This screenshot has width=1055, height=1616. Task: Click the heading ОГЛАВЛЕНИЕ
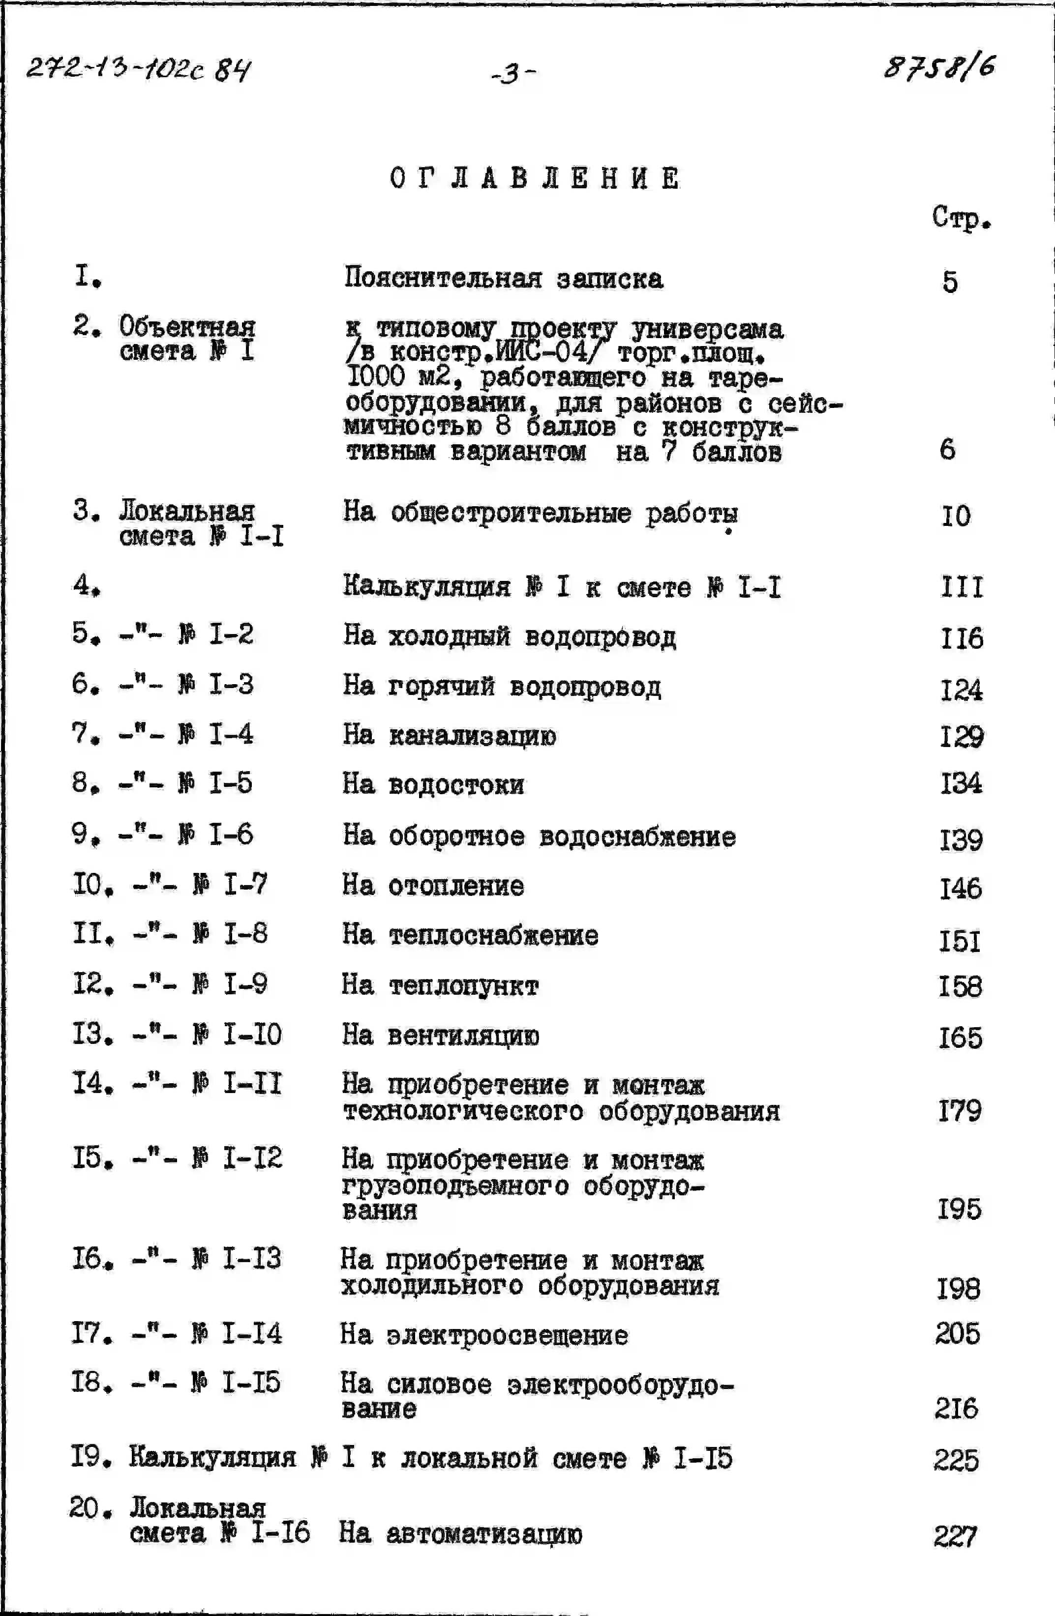coord(535,178)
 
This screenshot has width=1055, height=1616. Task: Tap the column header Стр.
coord(961,217)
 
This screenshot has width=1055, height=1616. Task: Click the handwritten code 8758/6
coord(939,68)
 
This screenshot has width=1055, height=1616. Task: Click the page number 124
coord(961,690)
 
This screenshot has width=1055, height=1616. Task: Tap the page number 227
coord(955,1535)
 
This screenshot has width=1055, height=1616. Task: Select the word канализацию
coord(472,735)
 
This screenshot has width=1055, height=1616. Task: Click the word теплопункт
coord(463,986)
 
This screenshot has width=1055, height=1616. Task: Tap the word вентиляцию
coord(463,1036)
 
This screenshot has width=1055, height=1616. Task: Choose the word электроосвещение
coord(507,1335)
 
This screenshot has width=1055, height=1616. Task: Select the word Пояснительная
coord(443,278)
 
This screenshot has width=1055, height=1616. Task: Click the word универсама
coord(707,329)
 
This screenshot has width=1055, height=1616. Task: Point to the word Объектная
coord(187,327)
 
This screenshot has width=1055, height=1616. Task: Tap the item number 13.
coord(91,1035)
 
